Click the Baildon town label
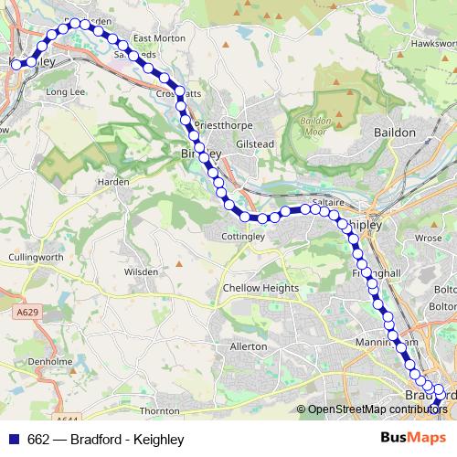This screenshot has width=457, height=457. [395, 133]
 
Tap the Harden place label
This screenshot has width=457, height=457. [113, 182]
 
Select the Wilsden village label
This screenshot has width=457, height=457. [142, 271]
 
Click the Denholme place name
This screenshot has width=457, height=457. [44, 361]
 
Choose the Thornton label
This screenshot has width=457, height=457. [160, 411]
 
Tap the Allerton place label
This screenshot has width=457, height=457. [249, 346]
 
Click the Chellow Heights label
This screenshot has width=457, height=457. [260, 288]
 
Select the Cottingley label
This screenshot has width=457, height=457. [243, 236]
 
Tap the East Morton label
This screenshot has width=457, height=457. [159, 38]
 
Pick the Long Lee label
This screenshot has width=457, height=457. [65, 92]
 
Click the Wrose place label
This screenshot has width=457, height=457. [429, 238]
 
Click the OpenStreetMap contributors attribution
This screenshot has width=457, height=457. [376, 409]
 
